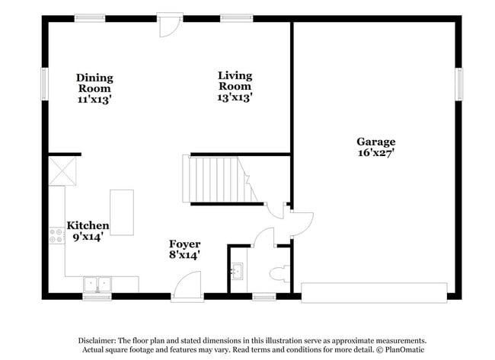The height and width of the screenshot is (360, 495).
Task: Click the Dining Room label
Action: [94, 88]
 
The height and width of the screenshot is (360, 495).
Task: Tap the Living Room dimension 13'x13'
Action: [235, 97]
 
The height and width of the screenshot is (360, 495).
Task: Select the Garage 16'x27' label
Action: [376, 147]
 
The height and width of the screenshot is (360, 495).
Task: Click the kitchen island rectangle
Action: [122, 212]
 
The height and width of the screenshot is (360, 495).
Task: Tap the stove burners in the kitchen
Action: [56, 236]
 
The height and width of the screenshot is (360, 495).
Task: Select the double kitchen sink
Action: [97, 284]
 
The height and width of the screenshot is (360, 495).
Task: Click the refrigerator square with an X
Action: [62, 170]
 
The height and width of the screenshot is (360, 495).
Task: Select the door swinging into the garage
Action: [301, 221]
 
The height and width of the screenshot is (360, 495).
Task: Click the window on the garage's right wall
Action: [459, 83]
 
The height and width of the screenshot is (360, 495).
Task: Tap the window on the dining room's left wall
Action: [44, 83]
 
